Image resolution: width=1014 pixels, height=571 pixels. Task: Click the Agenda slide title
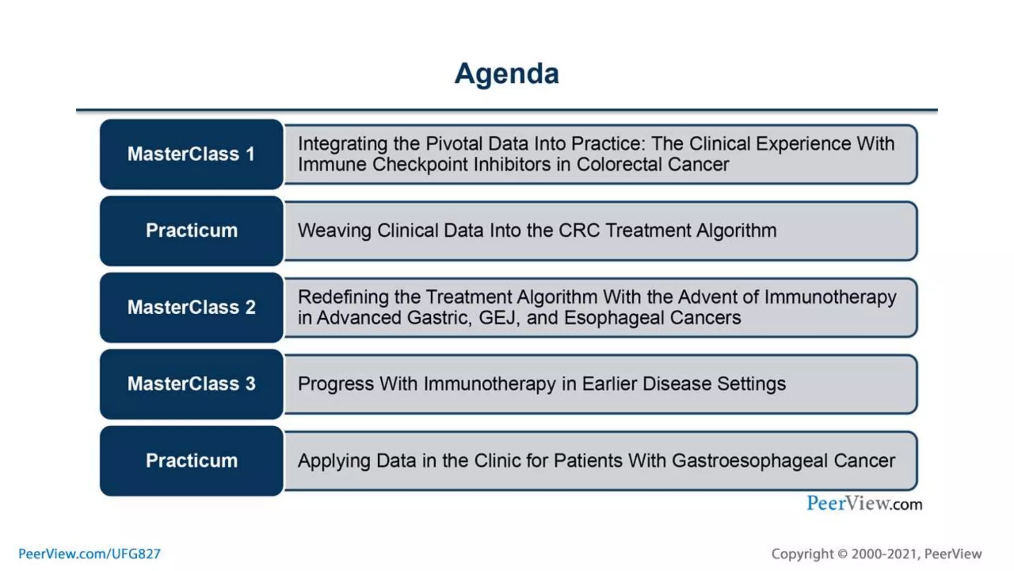click(x=507, y=74)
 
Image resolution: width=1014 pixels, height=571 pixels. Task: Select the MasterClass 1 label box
click(x=191, y=154)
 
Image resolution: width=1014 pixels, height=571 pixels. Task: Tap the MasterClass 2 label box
click(x=191, y=307)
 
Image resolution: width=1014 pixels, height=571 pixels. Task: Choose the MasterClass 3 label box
click(x=191, y=384)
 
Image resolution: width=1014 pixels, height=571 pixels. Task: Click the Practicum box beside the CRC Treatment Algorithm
click(x=191, y=230)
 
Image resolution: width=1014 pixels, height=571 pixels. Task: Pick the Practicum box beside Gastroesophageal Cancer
click(x=191, y=460)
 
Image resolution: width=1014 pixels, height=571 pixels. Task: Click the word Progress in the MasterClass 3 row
click(x=335, y=384)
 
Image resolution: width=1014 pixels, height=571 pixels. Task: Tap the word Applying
click(x=334, y=461)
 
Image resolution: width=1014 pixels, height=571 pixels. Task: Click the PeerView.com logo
click(x=864, y=504)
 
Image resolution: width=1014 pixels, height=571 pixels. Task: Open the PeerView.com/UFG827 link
click(x=90, y=554)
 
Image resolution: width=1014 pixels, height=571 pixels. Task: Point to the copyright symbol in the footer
click(x=842, y=554)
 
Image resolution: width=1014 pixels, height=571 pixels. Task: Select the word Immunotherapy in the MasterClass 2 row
click(x=830, y=297)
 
